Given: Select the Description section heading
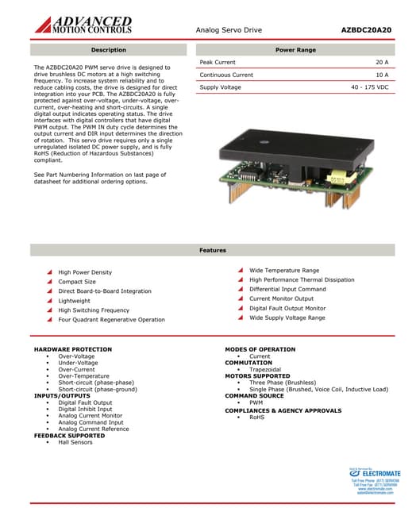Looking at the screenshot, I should (109, 50).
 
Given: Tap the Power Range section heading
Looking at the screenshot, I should (295, 50).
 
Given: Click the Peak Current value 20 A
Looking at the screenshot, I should (381, 62).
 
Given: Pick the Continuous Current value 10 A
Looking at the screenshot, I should (381, 75).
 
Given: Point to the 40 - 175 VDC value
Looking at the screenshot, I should (369, 87).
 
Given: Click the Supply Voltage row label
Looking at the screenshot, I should (220, 87).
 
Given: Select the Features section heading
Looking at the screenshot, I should (212, 250).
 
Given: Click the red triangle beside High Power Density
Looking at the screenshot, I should (50, 272).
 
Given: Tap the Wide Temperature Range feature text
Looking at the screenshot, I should (284, 271).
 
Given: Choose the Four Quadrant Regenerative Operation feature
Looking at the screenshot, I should (112, 320).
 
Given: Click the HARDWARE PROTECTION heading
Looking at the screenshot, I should (72, 350).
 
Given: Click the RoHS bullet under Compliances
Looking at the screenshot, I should (256, 417).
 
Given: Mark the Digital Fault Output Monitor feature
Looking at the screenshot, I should (287, 308).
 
